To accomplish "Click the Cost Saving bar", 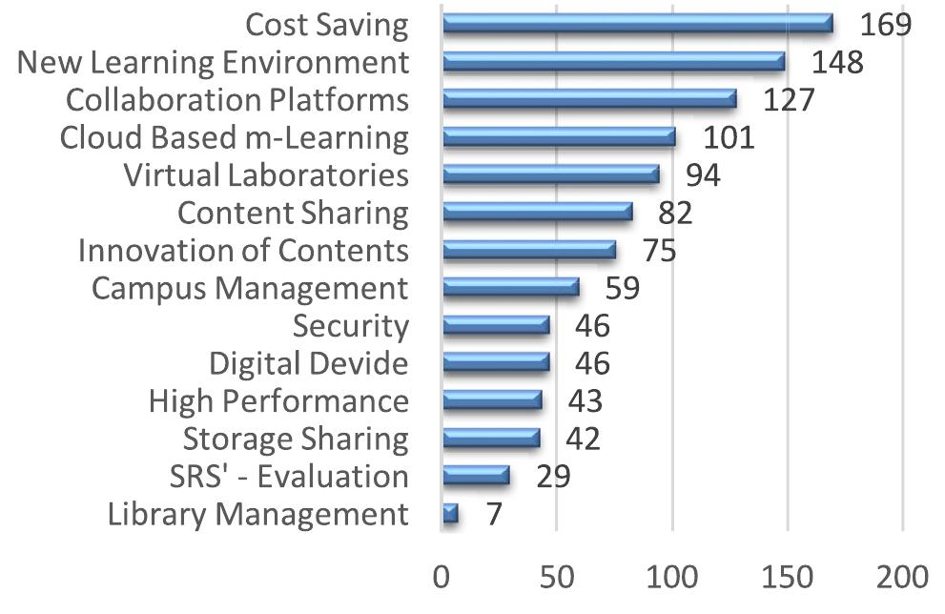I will [637, 24].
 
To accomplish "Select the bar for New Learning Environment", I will [614, 62].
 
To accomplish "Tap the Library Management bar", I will [450, 514].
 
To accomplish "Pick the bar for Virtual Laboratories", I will [551, 174].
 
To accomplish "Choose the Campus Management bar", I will [510, 287].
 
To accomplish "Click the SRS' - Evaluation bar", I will [476, 476].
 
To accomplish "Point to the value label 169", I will [885, 24].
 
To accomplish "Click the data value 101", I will [729, 137].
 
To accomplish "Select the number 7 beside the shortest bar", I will [493, 514].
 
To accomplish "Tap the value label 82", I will [674, 213].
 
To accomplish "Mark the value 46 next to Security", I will [591, 326].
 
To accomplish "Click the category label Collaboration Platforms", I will [237, 99].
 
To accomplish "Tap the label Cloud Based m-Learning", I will [234, 137].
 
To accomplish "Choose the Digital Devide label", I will [308, 363].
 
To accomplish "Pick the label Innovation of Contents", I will [243, 250].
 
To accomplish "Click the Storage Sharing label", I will [296, 439].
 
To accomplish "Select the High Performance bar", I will [492, 400].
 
